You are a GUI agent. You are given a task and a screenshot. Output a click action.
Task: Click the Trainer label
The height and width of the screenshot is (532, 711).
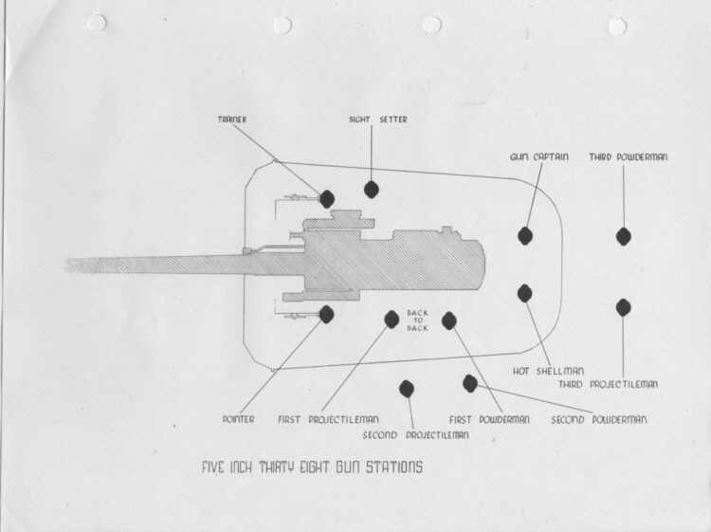coord(231,119)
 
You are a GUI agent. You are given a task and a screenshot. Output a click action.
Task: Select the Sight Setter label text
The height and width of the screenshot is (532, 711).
coord(377,119)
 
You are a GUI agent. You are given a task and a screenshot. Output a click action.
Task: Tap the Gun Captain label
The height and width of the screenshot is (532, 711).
coord(538,156)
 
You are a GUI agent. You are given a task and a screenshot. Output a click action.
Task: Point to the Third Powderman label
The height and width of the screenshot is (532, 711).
coord(628,156)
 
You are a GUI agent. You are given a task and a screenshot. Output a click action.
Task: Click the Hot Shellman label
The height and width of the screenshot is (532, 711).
coord(548,371)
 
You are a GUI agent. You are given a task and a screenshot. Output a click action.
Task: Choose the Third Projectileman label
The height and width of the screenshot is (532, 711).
coord(608,384)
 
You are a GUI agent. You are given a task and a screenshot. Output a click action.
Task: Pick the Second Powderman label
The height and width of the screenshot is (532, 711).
coord(599,419)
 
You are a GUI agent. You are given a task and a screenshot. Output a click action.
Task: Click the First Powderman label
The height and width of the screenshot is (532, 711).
coord(489,419)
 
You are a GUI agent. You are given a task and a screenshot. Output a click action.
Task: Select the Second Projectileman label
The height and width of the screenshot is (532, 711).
coord(415,435)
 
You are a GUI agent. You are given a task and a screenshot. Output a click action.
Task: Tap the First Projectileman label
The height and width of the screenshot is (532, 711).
coord(328,419)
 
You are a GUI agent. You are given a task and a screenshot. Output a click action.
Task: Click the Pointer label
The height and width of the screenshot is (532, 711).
coord(238,419)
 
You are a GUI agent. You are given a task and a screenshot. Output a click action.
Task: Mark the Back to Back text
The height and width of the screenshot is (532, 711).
coord(417,321)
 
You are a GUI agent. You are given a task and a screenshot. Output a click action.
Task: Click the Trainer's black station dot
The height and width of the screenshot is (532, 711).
coord(327,198)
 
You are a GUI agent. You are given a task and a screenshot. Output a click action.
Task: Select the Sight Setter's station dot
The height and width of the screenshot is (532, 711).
coord(372,189)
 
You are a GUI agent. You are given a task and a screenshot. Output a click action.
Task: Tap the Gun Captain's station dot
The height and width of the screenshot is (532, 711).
coord(525,236)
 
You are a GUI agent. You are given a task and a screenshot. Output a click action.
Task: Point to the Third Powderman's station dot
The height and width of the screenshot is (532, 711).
coord(624,236)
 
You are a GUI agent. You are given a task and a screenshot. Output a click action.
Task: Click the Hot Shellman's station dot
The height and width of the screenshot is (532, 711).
coord(524,293)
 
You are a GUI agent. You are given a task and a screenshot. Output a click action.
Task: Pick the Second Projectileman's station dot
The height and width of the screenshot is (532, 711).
coord(407,389)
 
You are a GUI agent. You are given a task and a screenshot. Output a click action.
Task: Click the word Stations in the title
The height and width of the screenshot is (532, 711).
coord(394,468)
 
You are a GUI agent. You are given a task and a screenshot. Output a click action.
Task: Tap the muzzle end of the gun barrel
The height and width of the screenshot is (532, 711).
coord(68,266)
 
